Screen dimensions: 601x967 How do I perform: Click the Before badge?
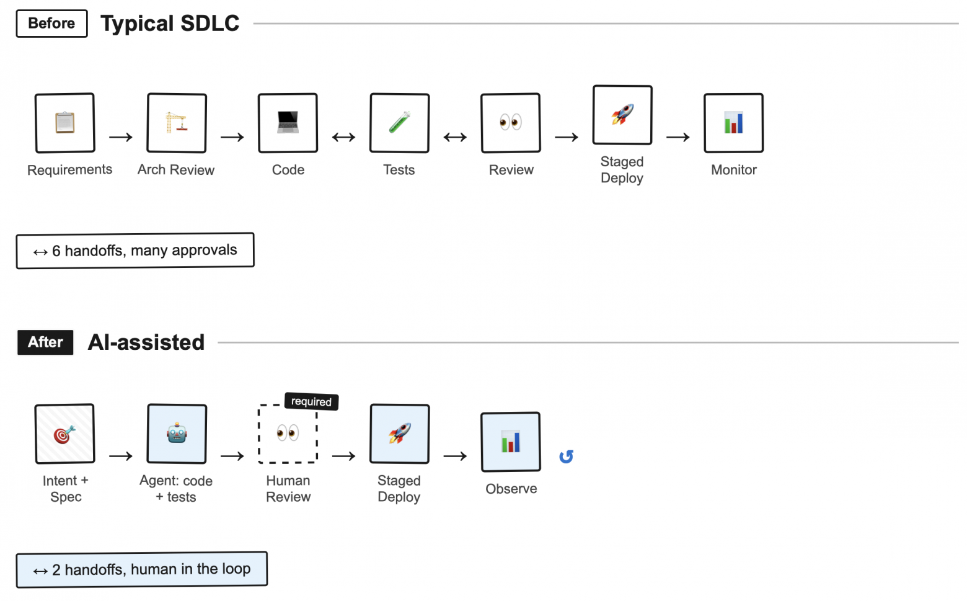51,24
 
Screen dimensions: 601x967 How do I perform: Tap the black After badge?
45,342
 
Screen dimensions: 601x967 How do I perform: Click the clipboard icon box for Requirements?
65,123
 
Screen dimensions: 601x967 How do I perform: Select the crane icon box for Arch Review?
177,123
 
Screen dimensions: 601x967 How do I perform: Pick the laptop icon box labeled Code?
288,123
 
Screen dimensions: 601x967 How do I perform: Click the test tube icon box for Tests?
399,123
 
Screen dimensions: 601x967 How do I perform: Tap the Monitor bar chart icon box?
734,123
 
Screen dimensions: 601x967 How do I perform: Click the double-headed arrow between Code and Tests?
343,137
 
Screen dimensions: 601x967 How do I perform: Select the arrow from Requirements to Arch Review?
121,137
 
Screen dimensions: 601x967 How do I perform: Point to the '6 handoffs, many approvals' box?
135,251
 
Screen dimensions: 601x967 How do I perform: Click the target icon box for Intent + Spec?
65,434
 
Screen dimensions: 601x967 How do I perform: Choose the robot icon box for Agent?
177,434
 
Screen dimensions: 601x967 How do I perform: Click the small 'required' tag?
311,402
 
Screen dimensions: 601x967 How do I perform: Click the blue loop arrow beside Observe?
566,457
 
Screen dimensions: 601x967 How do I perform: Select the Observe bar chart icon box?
511,442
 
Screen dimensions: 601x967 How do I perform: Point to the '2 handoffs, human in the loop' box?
142,569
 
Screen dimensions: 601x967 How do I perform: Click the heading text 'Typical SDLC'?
170,24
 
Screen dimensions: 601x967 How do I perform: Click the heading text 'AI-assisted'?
146,342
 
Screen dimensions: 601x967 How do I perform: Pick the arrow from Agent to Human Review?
232,456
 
